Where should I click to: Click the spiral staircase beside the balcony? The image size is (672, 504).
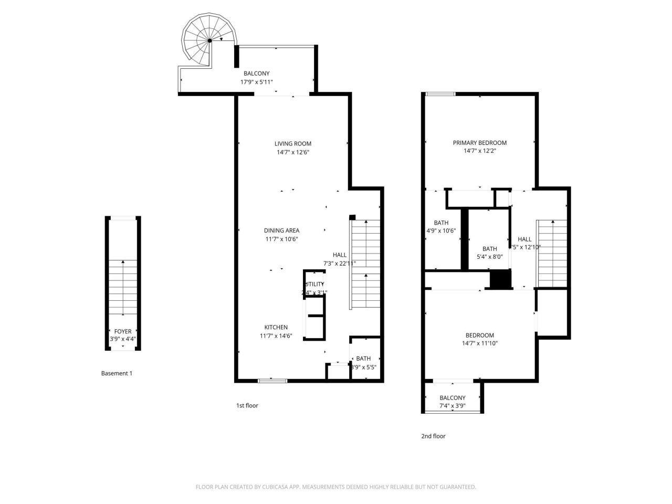[x=208, y=40]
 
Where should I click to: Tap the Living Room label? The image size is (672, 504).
[x=293, y=143]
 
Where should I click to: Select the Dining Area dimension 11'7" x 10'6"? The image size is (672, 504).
[x=281, y=239]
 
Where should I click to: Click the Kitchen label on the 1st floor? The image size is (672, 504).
[x=276, y=327]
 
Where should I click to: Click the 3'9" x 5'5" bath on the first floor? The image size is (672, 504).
[x=363, y=363]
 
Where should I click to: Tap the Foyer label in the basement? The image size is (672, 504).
[x=123, y=331]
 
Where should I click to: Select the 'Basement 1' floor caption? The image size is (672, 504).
[x=117, y=373]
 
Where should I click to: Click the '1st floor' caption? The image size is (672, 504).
[x=247, y=405]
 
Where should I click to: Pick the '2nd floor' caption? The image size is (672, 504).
[x=433, y=436]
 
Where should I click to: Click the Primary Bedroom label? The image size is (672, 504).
[x=480, y=142]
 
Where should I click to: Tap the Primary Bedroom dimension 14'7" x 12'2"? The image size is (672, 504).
[x=480, y=151]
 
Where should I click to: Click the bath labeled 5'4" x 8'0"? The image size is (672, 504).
[x=489, y=253]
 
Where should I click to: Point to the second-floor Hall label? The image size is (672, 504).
[x=524, y=239]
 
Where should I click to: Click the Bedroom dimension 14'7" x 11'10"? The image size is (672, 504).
[x=480, y=343]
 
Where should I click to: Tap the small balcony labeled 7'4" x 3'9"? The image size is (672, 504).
[x=453, y=402]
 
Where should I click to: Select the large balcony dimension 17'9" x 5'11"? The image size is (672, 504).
[x=256, y=82]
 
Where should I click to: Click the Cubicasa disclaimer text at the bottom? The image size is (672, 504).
[x=336, y=487]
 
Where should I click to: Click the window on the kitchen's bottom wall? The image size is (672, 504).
[x=272, y=380]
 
